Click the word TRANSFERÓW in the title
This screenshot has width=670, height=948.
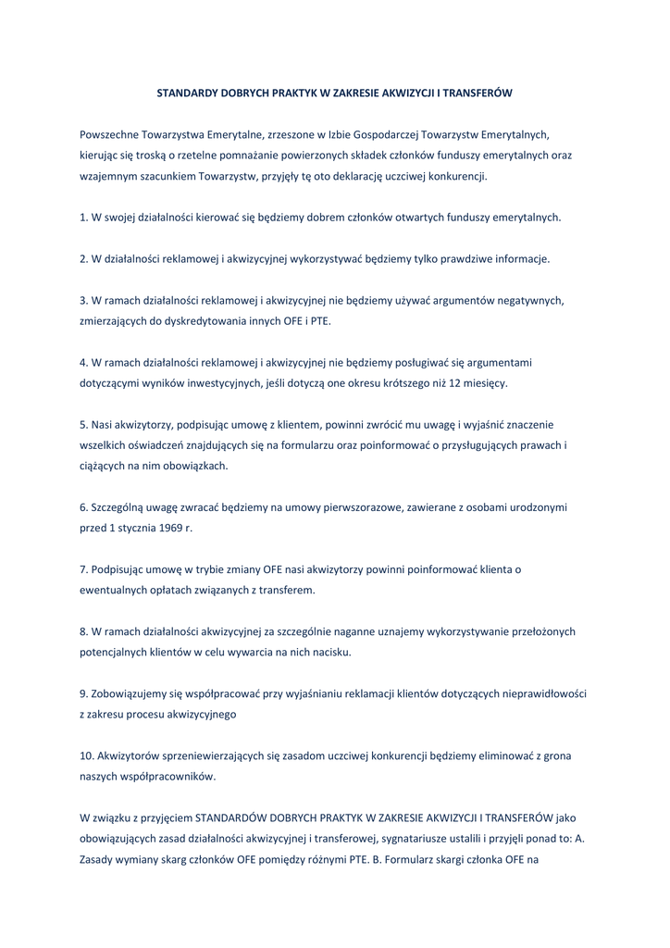coord(475,94)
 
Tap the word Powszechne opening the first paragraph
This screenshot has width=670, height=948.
coord(111,134)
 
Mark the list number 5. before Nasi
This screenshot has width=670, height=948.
coord(83,424)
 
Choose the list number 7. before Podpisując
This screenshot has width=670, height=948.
coord(83,569)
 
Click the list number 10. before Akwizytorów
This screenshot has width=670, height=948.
coord(87,755)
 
